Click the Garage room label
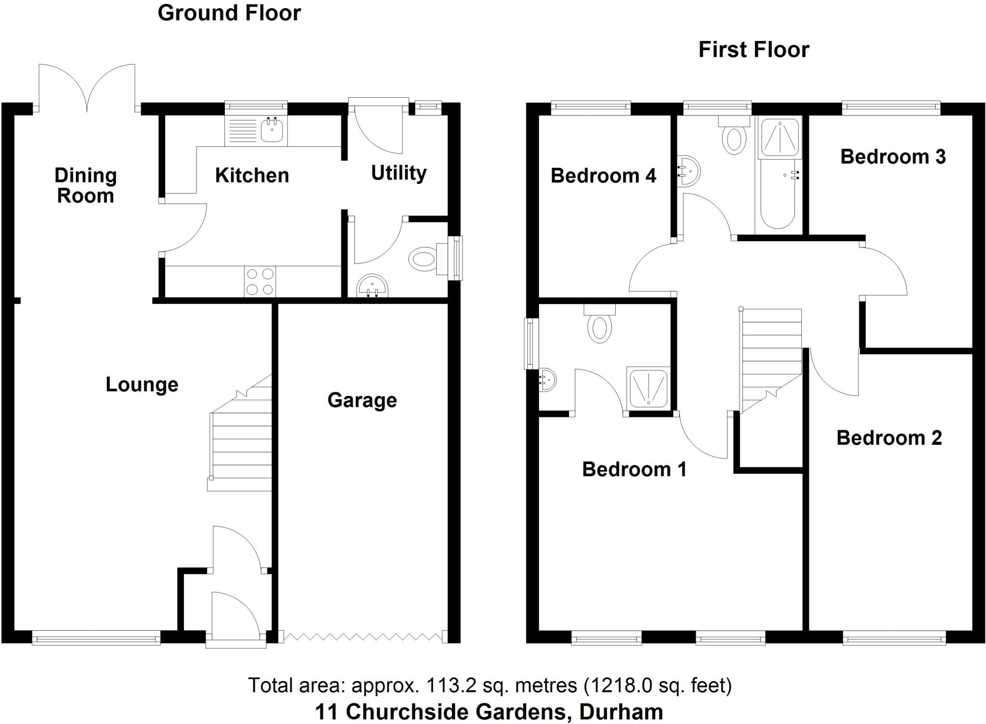click(362, 401)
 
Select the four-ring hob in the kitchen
click(260, 282)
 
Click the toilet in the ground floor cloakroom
click(424, 259)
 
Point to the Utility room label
click(399, 173)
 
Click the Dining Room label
click(85, 186)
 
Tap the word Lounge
click(142, 385)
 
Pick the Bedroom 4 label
click(603, 176)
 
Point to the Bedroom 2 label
click(889, 438)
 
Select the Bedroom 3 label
click(893, 157)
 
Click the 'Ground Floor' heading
click(229, 13)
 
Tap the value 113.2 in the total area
click(451, 685)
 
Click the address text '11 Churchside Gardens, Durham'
click(489, 711)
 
